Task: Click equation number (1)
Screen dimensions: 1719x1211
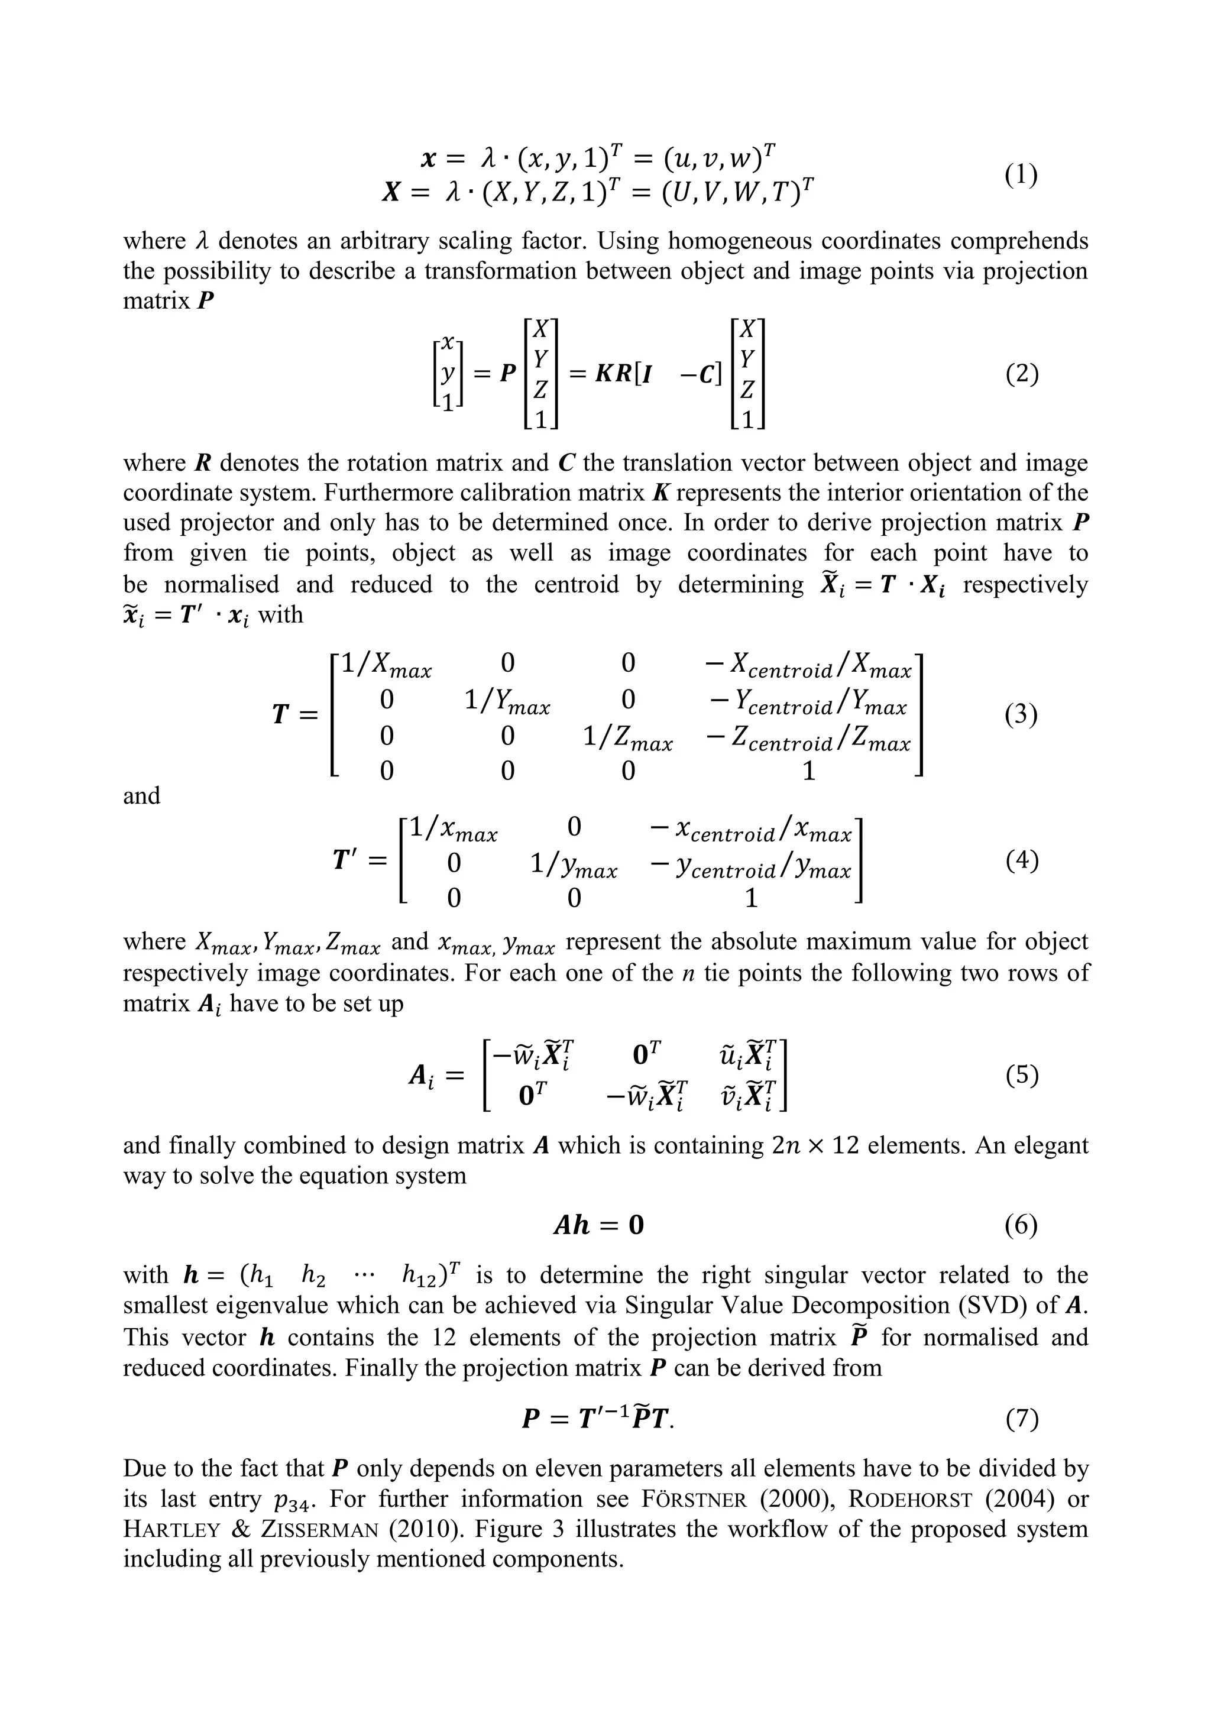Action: pos(1021,175)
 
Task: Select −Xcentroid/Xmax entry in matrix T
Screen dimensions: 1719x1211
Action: pos(808,665)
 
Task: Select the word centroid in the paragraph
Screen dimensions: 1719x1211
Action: pos(577,584)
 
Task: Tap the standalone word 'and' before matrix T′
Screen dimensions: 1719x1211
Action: pos(141,795)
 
